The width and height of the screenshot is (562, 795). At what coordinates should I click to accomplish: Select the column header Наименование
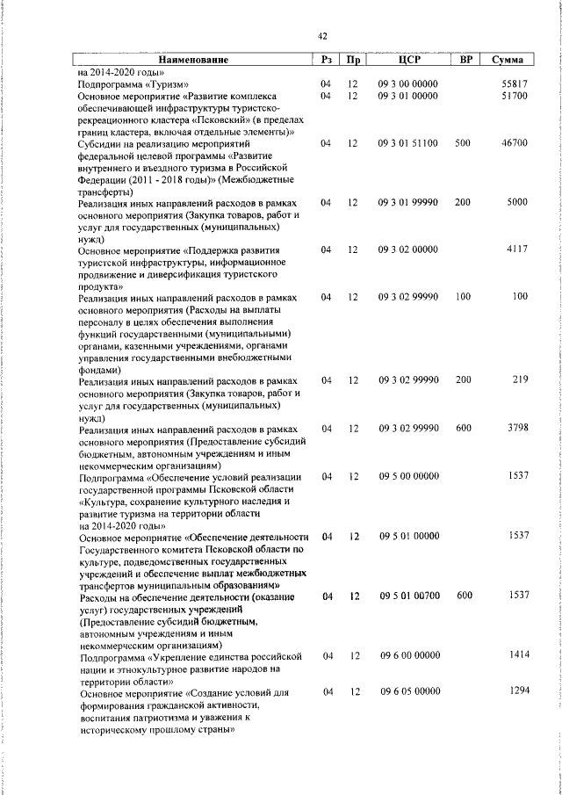[193, 60]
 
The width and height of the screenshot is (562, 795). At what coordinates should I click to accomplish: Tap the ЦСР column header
[409, 60]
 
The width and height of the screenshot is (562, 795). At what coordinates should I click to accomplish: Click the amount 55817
[513, 83]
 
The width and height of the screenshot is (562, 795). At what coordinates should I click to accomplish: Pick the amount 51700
[513, 95]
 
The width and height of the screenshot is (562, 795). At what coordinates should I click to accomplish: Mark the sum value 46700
[513, 142]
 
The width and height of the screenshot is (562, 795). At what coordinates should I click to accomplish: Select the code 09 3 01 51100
[408, 142]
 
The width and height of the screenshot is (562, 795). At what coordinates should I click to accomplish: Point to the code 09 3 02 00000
[408, 249]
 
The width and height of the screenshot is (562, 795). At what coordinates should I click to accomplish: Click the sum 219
[519, 381]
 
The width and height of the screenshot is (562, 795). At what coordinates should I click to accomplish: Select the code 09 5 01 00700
[408, 596]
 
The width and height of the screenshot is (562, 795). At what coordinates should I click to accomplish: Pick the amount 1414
[516, 656]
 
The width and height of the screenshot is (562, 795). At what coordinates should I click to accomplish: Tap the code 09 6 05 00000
[408, 692]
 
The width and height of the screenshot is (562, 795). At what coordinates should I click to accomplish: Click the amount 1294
[516, 692]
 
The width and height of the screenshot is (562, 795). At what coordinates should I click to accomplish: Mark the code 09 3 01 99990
[408, 202]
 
